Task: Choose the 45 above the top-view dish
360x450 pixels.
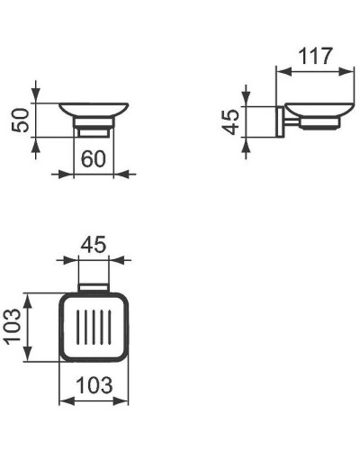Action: click(94, 245)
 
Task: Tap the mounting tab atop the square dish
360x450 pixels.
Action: click(94, 288)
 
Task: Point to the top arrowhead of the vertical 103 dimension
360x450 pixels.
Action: click(34, 298)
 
